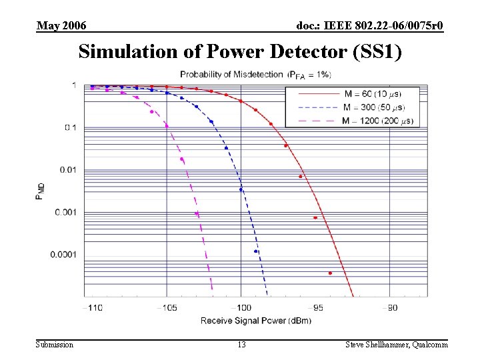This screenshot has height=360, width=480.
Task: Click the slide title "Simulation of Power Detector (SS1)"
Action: (240, 52)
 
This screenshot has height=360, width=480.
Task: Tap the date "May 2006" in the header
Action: (61, 26)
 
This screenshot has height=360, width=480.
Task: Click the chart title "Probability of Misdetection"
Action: (231, 74)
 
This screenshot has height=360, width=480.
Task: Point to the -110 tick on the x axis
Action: (92, 307)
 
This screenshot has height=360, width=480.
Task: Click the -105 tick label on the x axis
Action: (167, 307)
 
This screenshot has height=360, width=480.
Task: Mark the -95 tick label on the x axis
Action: (317, 307)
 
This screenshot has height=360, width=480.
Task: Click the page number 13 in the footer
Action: (241, 345)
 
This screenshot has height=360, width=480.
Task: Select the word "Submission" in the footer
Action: (55, 345)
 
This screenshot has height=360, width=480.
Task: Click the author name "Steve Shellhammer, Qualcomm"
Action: (396, 345)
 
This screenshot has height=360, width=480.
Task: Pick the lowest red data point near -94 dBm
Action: (330, 273)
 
